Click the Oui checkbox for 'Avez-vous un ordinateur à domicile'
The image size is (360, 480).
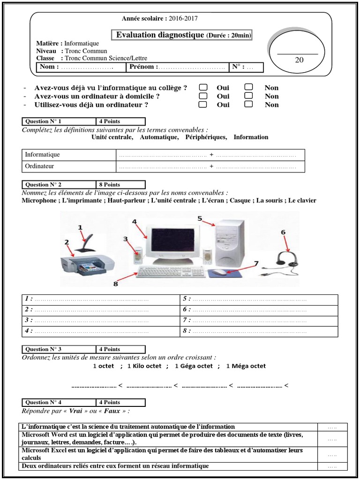click(202, 96)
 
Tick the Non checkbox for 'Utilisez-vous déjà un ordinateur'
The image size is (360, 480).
click(249, 105)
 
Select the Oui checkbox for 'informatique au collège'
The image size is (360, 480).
click(202, 88)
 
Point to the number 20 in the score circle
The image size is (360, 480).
click(299, 60)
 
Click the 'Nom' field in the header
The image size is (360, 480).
click(82, 67)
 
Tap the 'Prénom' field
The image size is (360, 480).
click(177, 67)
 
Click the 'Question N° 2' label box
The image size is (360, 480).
click(59, 185)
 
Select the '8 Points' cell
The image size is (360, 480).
click(120, 185)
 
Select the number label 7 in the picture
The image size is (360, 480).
click(256, 264)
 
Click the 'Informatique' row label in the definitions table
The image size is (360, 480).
click(68, 155)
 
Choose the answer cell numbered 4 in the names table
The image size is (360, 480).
click(101, 331)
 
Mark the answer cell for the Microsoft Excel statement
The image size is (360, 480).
click(332, 454)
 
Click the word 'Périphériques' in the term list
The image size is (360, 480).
click(206, 137)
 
